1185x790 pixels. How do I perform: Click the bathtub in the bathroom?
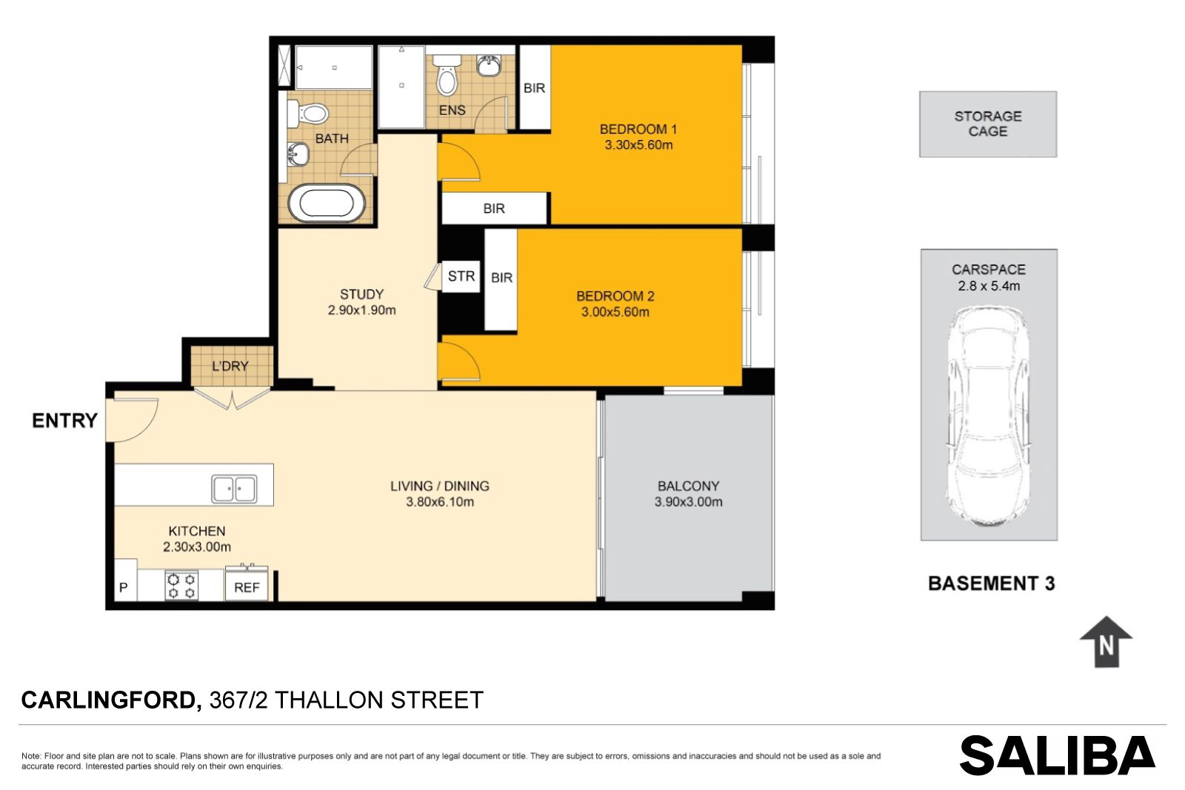(x=326, y=204)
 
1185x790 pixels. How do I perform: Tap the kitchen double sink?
(x=234, y=489)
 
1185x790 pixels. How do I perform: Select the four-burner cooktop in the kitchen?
(x=181, y=586)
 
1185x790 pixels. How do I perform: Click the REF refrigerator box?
(x=247, y=584)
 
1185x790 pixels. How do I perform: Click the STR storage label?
(x=461, y=276)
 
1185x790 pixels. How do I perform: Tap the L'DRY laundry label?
(x=230, y=366)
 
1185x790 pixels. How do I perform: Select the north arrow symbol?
(x=1106, y=641)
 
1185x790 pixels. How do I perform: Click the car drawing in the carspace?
(x=988, y=417)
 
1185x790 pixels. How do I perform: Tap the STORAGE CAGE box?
(x=988, y=124)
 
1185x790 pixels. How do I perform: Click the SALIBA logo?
(x=1058, y=756)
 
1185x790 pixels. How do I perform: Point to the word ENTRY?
(x=64, y=421)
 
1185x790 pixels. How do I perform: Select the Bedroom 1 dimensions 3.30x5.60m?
(x=638, y=145)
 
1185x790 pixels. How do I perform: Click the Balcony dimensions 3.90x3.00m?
(x=688, y=502)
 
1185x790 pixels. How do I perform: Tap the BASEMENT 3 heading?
(x=992, y=583)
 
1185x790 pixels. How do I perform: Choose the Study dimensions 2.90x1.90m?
(x=362, y=310)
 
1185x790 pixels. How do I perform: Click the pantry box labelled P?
(x=126, y=580)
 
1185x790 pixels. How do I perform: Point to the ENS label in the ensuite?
(x=453, y=110)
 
